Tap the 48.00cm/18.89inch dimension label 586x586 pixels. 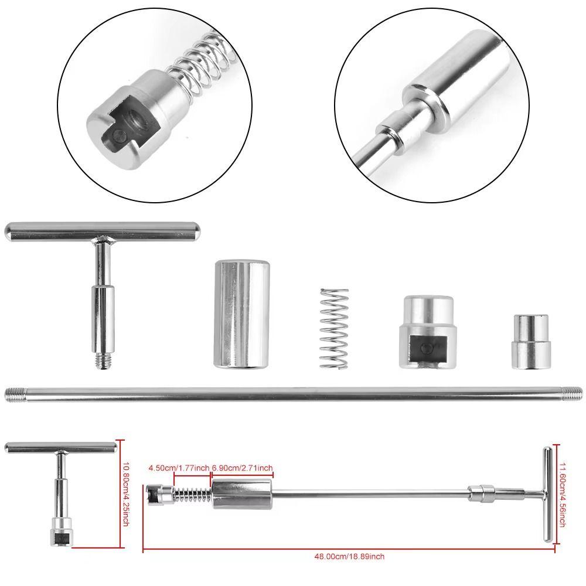click(x=350, y=557)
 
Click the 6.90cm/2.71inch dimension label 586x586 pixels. click(x=242, y=468)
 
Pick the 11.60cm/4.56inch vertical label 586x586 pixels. click(x=561, y=494)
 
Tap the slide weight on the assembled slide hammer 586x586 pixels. click(x=241, y=493)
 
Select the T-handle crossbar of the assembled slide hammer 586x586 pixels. click(x=546, y=494)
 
